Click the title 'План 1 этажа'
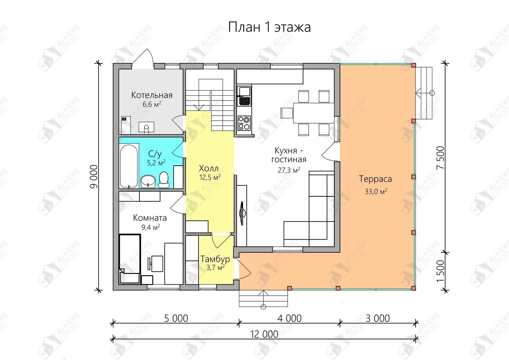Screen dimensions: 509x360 click(269, 27)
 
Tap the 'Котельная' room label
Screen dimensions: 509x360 click(152, 95)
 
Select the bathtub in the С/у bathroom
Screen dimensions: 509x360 click(129, 166)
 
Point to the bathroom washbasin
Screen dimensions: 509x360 click(148, 181)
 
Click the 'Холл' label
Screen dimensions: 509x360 click(209, 168)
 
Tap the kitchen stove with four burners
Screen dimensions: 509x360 click(244, 123)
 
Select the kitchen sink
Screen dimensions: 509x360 click(244, 96)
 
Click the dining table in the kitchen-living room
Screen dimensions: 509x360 click(314, 113)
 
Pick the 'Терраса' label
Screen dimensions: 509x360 click(375, 179)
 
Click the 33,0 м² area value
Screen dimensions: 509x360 click(376, 191)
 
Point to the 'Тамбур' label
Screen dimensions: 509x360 click(215, 259)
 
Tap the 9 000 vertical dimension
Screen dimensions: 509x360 click(94, 177)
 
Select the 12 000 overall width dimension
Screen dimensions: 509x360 click(264, 334)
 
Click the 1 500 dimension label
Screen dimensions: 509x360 click(440, 271)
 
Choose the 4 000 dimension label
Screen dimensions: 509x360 click(289, 318)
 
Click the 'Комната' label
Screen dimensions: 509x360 click(150, 218)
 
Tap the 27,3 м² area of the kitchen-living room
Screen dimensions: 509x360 click(289, 170)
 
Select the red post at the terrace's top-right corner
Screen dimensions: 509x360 click(414, 65)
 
